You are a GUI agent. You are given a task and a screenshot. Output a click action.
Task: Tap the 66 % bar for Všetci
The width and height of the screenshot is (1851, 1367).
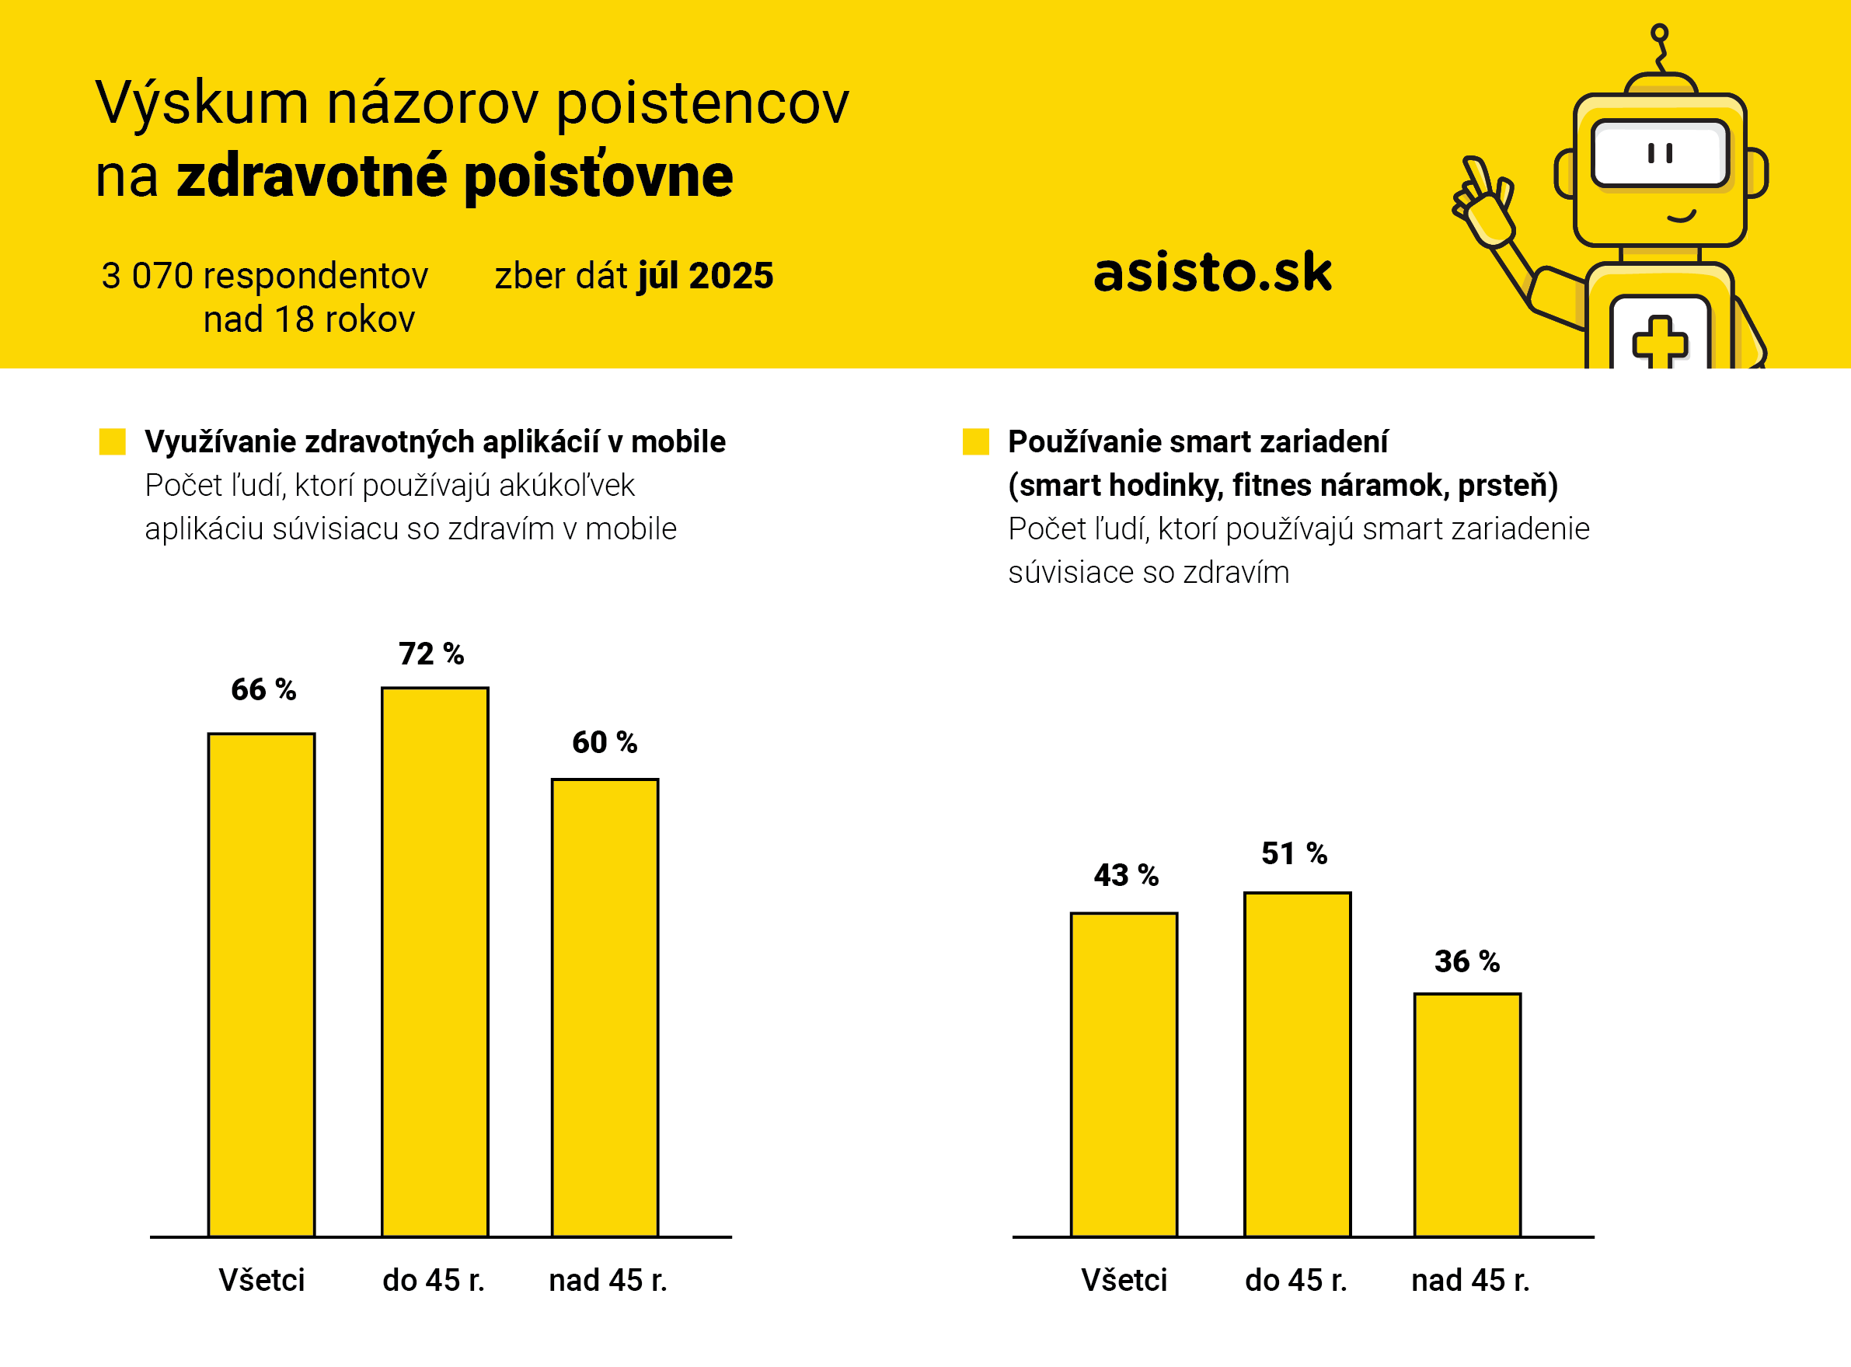[x=261, y=985]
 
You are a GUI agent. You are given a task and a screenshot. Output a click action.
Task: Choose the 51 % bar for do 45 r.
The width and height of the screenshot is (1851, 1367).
[x=1297, y=1064]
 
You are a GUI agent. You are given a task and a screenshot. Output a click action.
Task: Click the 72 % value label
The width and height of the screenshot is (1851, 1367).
[x=431, y=654]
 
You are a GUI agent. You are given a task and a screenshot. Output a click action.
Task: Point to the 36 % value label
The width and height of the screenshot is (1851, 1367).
[x=1466, y=961]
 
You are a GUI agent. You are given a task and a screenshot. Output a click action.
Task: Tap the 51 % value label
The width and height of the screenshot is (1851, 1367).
[x=1294, y=853]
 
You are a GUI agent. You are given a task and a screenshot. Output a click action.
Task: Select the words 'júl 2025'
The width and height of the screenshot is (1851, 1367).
[x=705, y=276]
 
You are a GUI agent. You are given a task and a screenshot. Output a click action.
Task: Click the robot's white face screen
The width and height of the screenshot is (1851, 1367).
[x=1660, y=154]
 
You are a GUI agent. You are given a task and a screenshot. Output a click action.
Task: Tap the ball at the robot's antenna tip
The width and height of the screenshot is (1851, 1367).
[x=1659, y=33]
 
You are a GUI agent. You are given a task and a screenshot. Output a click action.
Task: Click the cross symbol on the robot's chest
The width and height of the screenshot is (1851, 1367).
[x=1659, y=341]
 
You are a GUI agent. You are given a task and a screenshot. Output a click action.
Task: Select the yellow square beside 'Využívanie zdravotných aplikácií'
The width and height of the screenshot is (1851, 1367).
[x=113, y=441]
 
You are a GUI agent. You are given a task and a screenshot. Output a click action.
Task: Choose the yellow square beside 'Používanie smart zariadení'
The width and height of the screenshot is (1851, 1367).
[x=975, y=441]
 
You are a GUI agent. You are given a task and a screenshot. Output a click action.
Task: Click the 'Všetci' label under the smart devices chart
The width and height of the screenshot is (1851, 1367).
[x=1124, y=1280]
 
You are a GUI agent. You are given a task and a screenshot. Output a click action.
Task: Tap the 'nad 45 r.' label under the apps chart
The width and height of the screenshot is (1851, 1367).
[x=608, y=1280]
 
